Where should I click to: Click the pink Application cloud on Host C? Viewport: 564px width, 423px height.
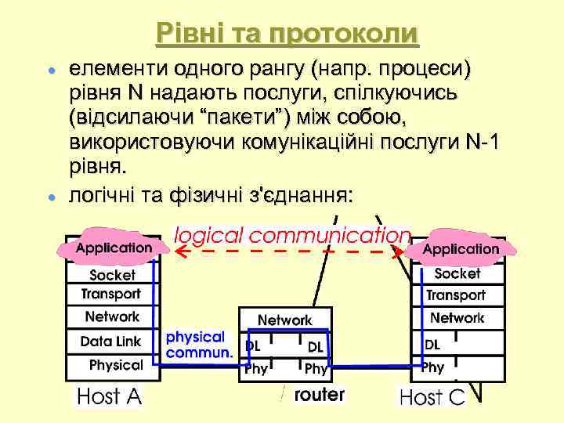461,249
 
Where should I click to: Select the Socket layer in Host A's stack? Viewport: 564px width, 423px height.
112,275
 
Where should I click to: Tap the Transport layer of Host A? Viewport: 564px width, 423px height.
112,295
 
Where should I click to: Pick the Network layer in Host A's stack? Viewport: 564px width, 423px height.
112,316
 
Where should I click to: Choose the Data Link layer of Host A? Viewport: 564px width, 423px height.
111,341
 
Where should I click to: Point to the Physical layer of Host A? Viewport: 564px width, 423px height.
116,364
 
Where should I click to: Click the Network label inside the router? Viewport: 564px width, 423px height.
285,320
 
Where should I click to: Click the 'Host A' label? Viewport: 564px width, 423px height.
109,396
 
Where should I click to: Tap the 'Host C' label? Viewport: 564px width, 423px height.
432,396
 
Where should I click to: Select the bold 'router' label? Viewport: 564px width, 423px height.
319,394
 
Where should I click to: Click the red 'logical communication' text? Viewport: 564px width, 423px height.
291,234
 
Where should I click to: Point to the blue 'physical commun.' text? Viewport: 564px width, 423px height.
199,345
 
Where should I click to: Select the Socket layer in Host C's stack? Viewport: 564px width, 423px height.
457,274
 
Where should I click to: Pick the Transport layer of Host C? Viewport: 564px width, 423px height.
456,295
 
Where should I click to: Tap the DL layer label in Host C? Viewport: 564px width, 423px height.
432,344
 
